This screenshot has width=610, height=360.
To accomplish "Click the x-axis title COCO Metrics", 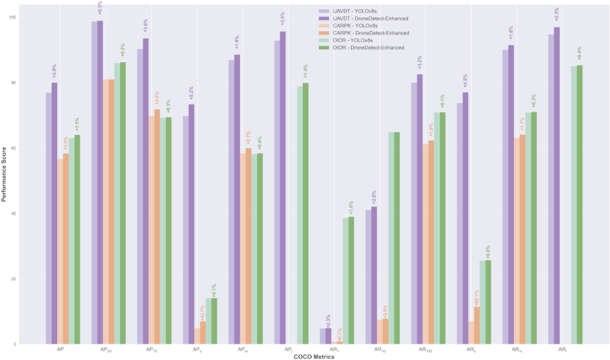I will click(305, 356).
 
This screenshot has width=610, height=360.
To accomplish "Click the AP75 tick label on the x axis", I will click(151, 350).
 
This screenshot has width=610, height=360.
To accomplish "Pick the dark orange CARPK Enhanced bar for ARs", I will click(477, 325).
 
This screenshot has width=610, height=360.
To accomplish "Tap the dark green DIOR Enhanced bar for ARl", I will click(578, 205).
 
